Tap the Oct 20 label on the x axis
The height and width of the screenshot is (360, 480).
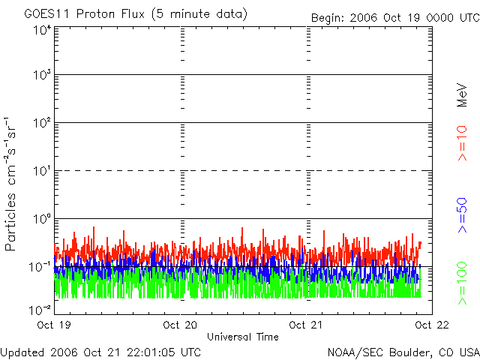pos(181,325)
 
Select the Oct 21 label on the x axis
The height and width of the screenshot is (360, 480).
pos(307,325)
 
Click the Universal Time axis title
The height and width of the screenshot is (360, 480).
pos(243,337)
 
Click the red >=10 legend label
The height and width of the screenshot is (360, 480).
pos(462,142)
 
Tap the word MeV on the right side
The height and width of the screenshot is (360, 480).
pos(462,94)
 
